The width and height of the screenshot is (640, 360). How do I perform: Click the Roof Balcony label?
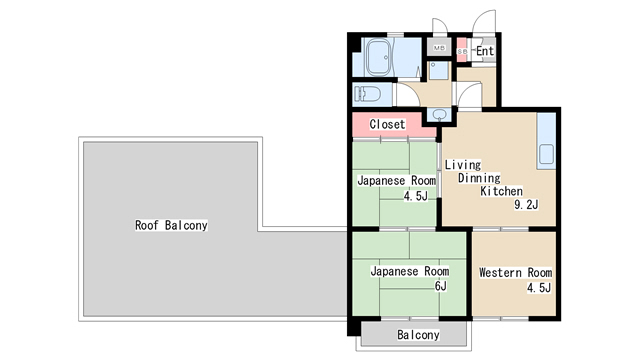[x=171, y=225]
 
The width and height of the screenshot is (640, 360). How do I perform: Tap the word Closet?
[x=387, y=124]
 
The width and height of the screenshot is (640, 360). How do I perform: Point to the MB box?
[x=438, y=48]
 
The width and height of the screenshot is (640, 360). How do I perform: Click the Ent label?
[x=485, y=51]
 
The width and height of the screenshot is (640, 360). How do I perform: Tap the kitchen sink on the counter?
[x=546, y=156]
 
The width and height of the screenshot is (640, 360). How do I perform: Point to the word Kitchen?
[x=502, y=191]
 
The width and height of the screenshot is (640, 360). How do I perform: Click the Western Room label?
[x=515, y=272]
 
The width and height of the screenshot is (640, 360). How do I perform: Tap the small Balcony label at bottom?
[x=417, y=335]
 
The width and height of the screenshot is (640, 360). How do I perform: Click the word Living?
[x=463, y=164]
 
